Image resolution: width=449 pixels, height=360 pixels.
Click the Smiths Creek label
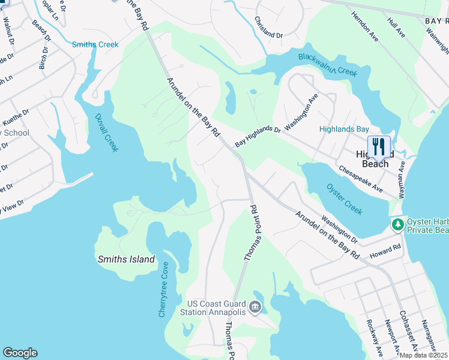tap(95, 44)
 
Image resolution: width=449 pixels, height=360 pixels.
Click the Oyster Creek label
tap(345, 199)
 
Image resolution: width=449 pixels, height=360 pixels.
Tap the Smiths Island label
tap(126, 260)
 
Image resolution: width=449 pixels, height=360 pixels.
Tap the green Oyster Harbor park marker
tap(397, 225)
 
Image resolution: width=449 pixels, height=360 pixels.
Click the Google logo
tap(20, 353)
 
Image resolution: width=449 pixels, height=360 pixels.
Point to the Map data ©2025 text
tap(423, 355)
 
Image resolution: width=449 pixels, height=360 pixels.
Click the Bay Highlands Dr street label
tap(258, 136)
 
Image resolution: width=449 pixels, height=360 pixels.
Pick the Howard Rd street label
tap(385, 250)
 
